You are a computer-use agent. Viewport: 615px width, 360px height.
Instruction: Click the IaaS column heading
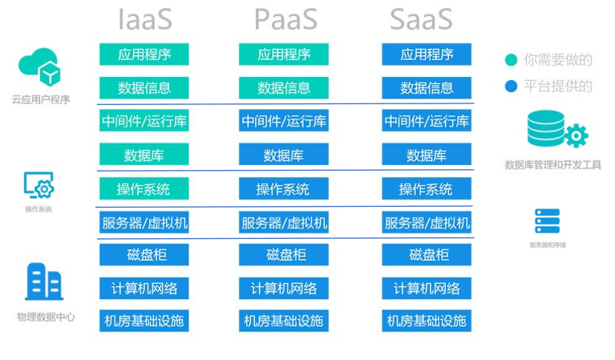144,18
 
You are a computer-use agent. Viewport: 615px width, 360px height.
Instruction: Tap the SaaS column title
426,18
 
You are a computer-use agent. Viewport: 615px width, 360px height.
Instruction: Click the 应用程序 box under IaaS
144,55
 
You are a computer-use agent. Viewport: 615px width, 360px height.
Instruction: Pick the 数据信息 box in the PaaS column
284,88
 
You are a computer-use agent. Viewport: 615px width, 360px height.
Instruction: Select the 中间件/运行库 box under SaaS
427,121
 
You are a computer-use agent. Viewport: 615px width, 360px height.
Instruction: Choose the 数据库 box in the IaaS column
144,155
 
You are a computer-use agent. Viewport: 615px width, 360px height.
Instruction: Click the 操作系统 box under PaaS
284,189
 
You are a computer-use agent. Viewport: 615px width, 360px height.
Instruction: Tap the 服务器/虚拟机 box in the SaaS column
427,222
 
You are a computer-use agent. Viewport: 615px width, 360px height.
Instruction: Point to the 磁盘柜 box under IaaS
144,255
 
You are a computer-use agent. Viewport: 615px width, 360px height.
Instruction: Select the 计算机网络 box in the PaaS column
284,288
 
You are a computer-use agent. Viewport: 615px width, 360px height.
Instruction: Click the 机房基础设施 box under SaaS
427,321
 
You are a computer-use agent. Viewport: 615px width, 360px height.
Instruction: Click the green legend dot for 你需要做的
511,59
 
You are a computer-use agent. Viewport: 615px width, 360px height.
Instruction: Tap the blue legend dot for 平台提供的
511,86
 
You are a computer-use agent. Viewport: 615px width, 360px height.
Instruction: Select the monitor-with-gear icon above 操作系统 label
38,186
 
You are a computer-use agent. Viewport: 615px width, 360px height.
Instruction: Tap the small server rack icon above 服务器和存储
547,220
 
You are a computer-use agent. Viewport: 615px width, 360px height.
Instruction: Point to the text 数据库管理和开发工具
552,165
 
